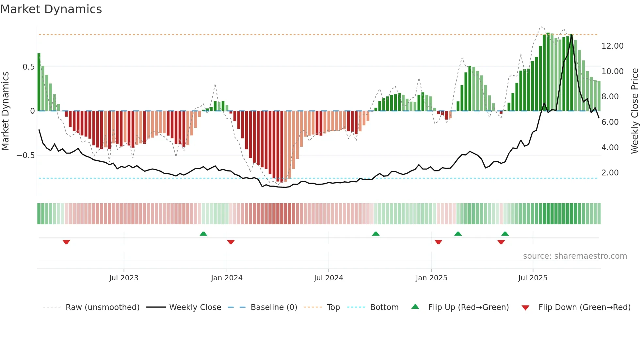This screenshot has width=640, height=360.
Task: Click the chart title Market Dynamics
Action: pos(51,9)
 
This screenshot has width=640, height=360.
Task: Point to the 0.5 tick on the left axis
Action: pos(28,67)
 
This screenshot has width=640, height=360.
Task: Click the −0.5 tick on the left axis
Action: pos(26,155)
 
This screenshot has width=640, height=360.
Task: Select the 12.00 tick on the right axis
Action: pos(613,46)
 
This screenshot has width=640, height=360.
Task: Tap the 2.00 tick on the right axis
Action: pos(610,173)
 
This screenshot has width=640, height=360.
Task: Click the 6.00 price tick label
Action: pos(610,122)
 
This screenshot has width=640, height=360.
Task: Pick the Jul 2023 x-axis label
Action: pos(124,278)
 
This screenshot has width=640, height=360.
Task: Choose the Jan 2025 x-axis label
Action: pos(431,278)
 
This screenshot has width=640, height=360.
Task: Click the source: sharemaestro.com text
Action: pos(575,256)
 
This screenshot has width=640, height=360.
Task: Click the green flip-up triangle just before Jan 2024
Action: pos(203,234)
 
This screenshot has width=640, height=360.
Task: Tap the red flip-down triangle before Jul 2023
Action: pos(66,242)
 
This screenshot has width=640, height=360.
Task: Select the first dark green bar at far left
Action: pos(39,82)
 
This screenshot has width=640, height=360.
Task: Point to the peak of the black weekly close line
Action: pos(571,35)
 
